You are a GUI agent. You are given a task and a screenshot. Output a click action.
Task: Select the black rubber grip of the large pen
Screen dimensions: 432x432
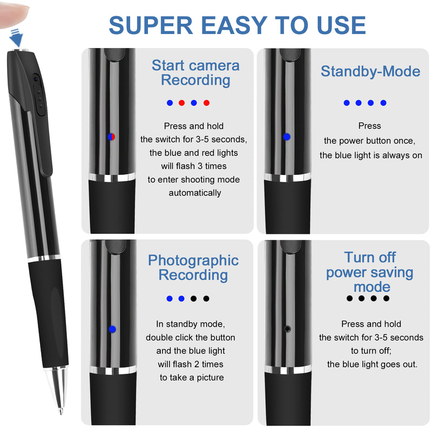(49, 313)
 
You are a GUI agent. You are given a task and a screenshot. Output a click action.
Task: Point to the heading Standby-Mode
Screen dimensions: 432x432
(370, 71)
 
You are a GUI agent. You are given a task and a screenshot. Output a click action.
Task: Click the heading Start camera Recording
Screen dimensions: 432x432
(195, 73)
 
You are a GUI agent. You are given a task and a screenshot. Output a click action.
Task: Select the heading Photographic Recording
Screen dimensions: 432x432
(193, 267)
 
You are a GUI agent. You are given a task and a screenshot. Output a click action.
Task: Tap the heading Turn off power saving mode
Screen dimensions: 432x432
(370, 272)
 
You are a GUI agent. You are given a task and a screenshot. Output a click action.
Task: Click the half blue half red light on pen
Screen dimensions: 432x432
(111, 137)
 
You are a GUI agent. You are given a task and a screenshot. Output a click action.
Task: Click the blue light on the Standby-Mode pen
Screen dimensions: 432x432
(286, 137)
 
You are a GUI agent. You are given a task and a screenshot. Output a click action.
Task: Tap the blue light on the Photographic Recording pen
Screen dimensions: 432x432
(112, 329)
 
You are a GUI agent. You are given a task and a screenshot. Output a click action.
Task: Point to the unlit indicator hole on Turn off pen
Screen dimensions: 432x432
(286, 328)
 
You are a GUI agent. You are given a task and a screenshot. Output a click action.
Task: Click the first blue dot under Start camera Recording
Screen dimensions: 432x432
(170, 103)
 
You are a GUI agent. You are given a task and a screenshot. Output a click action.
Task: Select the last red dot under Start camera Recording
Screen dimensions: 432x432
(206, 103)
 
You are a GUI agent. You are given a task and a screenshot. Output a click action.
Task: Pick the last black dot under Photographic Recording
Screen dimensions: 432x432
(206, 299)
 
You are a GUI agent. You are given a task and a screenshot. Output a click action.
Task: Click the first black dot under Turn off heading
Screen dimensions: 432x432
(349, 298)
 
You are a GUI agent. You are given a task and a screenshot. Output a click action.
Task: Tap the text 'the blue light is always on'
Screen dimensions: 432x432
(370, 155)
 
